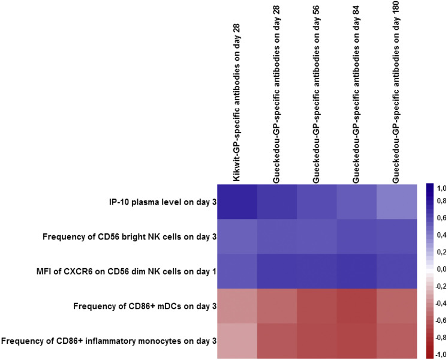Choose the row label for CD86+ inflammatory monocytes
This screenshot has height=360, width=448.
point(109,341)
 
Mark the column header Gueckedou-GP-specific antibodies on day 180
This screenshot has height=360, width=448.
point(396,90)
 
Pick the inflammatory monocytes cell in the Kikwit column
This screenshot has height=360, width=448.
point(237,341)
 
